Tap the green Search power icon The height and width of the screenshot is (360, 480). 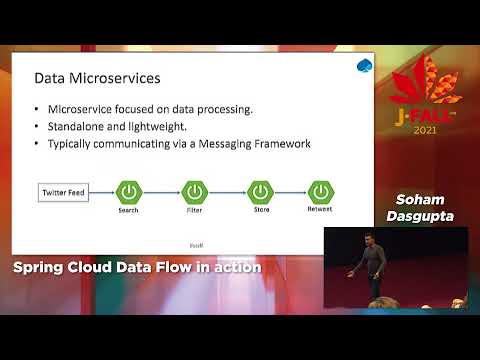click(128, 190)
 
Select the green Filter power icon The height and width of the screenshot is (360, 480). click(194, 190)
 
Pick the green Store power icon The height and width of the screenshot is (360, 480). click(260, 190)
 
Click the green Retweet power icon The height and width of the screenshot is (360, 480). click(320, 190)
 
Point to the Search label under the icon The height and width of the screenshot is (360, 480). click(128, 210)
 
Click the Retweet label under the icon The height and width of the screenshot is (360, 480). click(320, 210)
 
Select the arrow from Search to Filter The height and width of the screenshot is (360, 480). click(161, 190)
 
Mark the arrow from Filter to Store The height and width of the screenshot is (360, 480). click(227, 190)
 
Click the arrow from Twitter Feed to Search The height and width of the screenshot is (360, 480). click(103, 190)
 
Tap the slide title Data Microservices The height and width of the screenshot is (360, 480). click(97, 77)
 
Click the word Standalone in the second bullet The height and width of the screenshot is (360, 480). click(78, 126)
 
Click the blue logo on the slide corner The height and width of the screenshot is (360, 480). click(364, 67)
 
